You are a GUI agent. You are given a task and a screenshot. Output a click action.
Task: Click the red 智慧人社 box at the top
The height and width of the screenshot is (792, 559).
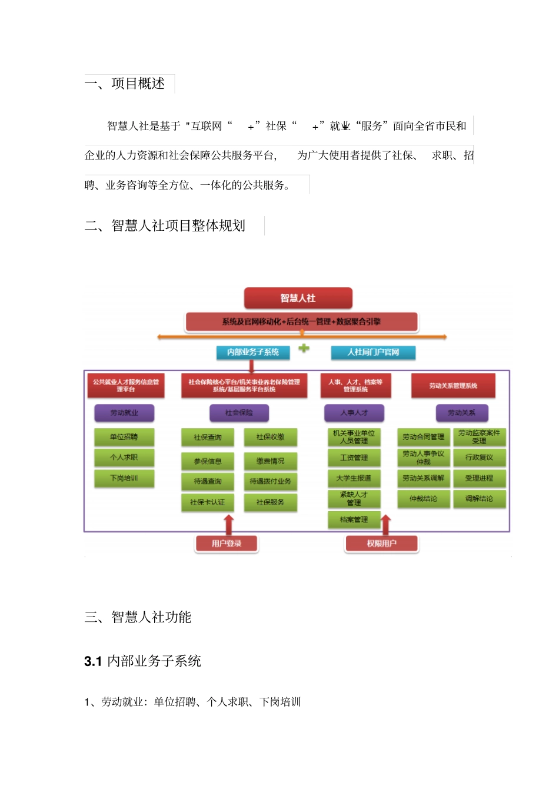click(x=298, y=298)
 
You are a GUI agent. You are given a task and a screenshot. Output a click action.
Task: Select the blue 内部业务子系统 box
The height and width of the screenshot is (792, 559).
click(x=253, y=352)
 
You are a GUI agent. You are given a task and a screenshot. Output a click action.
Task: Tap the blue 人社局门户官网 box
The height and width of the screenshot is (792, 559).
click(x=373, y=352)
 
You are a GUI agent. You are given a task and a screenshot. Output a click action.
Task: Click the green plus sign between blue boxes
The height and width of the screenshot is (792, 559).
click(x=304, y=348)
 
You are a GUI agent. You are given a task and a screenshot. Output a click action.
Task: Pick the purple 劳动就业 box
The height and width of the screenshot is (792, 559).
click(x=124, y=413)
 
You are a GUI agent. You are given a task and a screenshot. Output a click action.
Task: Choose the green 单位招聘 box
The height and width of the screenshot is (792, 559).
click(x=124, y=437)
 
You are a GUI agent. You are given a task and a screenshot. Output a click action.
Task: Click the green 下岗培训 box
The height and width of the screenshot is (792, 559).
click(x=124, y=478)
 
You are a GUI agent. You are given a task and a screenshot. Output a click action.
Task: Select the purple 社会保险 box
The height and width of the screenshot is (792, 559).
click(x=239, y=413)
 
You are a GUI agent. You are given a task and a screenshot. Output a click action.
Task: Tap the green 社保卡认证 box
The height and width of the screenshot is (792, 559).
click(x=208, y=502)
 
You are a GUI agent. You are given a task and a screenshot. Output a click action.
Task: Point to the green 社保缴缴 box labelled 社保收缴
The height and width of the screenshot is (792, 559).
click(x=271, y=437)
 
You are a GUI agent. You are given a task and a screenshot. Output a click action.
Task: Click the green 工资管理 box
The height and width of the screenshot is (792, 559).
click(x=354, y=458)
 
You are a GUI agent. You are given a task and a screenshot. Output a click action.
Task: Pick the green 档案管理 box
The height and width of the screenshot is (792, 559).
click(x=354, y=519)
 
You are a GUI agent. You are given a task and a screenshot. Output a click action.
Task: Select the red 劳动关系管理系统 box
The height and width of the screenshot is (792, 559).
click(x=453, y=386)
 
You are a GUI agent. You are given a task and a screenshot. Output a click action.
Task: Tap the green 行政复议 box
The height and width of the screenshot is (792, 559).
click(x=479, y=458)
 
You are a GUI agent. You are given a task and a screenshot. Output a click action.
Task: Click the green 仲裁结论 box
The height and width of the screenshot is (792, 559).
click(x=424, y=499)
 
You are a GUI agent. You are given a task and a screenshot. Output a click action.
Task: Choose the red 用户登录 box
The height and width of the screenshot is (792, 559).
click(x=227, y=544)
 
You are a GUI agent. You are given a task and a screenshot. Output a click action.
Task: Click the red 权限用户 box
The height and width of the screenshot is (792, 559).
click(x=382, y=544)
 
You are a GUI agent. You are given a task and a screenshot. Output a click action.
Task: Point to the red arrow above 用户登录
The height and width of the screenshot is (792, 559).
click(x=229, y=524)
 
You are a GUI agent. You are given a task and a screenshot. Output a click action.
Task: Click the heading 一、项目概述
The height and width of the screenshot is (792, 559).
click(x=125, y=84)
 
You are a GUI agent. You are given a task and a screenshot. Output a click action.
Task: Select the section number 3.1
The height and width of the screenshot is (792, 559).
click(x=93, y=661)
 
